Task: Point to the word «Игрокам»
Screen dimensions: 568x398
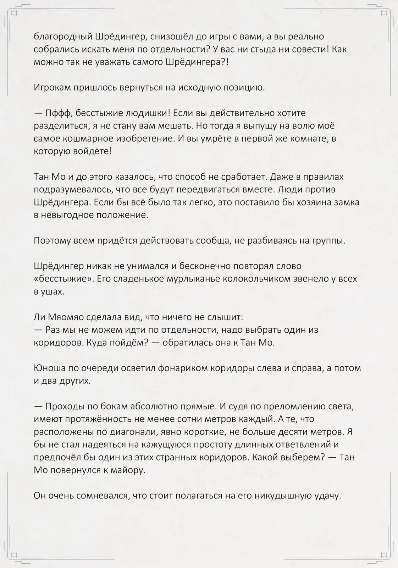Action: click(x=51, y=87)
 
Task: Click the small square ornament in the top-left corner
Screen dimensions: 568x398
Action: click(x=15, y=13)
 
